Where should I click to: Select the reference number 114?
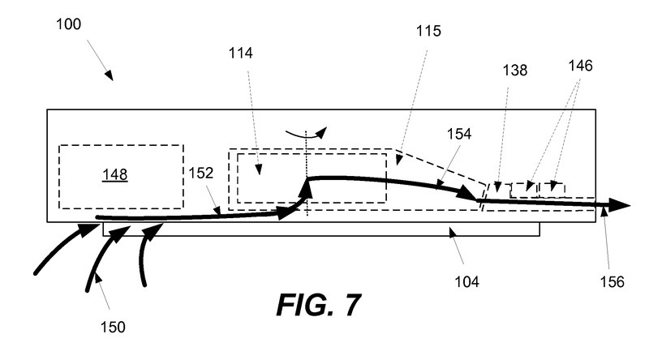point(241,54)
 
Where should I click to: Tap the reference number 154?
point(458,131)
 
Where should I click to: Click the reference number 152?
point(202,173)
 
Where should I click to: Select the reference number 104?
point(466,282)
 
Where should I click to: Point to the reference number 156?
point(612,282)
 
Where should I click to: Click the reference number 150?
point(113,327)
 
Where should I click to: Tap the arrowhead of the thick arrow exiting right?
point(621,206)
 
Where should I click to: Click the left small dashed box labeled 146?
point(523,190)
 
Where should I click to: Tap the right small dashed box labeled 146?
point(552,190)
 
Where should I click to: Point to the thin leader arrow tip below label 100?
point(110,77)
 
